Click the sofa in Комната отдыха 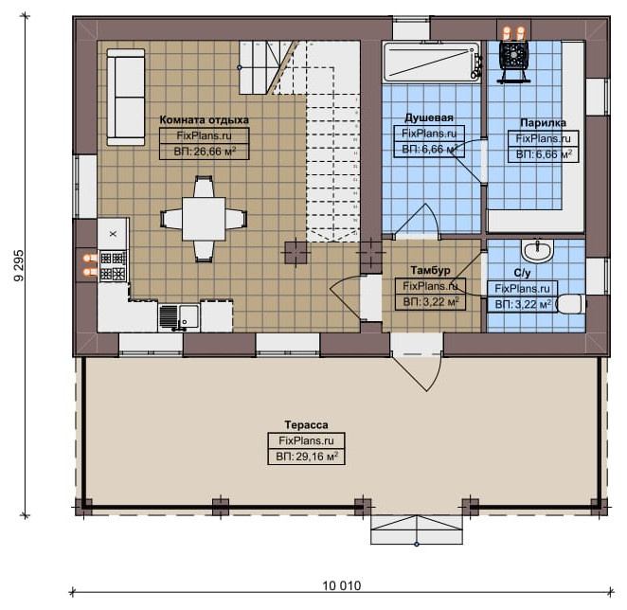(126, 98)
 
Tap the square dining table (204, 219)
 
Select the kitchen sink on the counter (179, 317)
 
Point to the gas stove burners (113, 266)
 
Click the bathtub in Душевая (432, 63)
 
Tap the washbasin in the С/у (537, 251)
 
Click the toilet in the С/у (571, 304)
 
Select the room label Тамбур (430, 270)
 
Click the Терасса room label (306, 424)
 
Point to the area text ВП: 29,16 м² (307, 457)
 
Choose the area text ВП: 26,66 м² (205, 152)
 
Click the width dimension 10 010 (342, 586)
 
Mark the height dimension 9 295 (19, 265)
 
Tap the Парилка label (543, 123)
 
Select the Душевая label (429, 117)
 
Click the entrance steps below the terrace (417, 530)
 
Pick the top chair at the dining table (204, 187)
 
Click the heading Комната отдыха (204, 120)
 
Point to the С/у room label (522, 273)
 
